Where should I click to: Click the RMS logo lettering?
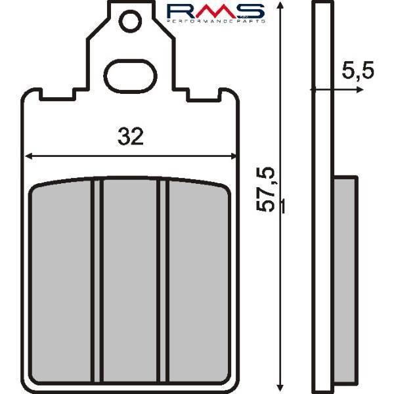click(215, 11)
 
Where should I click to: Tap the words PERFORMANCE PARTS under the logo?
click(216, 22)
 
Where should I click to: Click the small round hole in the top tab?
click(130, 21)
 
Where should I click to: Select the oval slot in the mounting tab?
click(131, 76)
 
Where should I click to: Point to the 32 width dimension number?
click(131, 137)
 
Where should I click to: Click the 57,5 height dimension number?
click(265, 190)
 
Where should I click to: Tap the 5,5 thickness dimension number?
click(358, 70)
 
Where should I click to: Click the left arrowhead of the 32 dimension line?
click(29, 156)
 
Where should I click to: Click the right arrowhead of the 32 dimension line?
click(233, 156)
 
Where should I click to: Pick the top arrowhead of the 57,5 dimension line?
click(280, 5)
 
